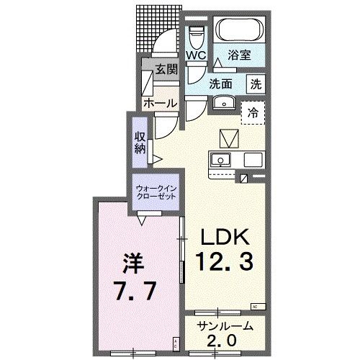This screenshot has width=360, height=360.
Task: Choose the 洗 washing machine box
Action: (x=256, y=84)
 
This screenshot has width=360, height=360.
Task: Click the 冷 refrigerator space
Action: (x=253, y=112)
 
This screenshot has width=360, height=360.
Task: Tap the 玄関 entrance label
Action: (x=166, y=70)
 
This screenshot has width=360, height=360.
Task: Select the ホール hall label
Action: (x=159, y=104)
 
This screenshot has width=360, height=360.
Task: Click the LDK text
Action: (x=223, y=238)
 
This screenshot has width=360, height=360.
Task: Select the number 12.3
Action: (x=223, y=264)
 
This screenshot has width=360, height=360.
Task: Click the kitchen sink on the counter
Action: (x=220, y=159)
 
